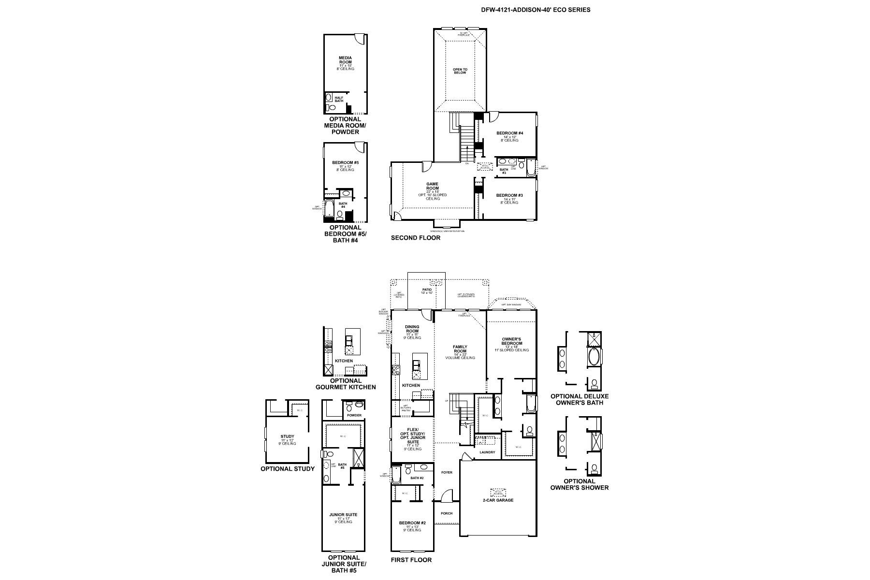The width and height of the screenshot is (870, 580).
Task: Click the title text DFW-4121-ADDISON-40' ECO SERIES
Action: (x=535, y=10)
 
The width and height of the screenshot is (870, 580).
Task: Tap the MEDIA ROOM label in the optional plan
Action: (x=345, y=60)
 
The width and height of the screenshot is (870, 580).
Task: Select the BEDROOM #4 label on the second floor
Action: (x=510, y=133)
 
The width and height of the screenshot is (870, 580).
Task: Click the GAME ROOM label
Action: (x=432, y=187)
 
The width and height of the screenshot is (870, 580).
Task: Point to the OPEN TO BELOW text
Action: (x=460, y=71)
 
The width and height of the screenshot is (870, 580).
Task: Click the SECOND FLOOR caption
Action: (x=416, y=238)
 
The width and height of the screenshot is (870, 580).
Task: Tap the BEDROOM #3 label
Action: (x=510, y=195)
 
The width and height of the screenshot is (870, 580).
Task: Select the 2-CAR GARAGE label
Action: (x=497, y=500)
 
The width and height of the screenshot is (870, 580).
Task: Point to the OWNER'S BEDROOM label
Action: (x=511, y=341)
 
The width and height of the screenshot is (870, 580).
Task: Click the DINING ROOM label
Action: (x=412, y=329)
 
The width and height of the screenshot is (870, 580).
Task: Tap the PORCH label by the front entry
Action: (x=447, y=513)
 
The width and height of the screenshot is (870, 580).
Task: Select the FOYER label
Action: (x=447, y=472)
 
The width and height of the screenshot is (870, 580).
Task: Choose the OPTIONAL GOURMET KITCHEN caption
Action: (x=346, y=384)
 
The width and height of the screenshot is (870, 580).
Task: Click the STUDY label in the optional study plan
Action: (x=287, y=436)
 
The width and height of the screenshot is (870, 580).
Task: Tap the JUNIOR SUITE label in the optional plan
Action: (x=343, y=515)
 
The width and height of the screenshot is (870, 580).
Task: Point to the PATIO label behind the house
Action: (x=426, y=290)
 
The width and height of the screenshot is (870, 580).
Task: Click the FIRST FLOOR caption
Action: (x=411, y=560)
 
